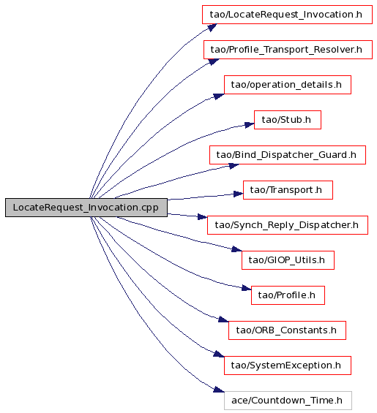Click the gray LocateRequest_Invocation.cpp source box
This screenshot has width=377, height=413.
86,208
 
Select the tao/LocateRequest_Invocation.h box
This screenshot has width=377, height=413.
287,15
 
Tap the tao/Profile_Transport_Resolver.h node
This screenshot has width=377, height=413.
288,50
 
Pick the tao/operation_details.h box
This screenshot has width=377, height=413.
288,85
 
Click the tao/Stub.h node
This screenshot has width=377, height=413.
288,120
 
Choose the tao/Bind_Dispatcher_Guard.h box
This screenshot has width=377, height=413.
288,155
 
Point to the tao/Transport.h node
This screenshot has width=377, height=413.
288,190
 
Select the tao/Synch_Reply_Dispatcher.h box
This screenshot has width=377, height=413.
288,225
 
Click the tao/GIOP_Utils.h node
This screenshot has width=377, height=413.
288,260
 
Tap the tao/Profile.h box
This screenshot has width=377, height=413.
288,295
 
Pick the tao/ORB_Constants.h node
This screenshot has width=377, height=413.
287,330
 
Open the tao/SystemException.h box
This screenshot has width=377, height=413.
288,365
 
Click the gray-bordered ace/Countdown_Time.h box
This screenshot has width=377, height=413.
288,401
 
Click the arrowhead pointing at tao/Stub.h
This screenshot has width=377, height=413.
250,125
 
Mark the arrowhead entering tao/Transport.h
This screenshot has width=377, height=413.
239,194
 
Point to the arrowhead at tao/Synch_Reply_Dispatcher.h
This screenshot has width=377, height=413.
203,217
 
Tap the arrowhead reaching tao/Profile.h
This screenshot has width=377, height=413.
247,288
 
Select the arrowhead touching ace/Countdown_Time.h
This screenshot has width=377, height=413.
219,390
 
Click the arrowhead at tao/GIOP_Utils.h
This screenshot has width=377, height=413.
236,249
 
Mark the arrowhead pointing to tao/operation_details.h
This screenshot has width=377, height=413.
219,96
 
